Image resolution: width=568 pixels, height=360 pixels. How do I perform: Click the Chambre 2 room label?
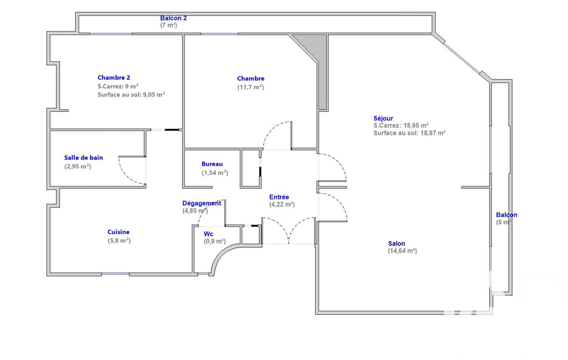click(x=114, y=78)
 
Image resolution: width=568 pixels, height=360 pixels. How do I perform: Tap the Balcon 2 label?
click(x=173, y=18)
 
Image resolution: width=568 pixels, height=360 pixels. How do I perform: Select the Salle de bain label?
click(x=84, y=157)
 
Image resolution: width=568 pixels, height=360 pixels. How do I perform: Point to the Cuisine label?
click(x=119, y=232)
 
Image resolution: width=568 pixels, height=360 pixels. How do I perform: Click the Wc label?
click(x=208, y=234)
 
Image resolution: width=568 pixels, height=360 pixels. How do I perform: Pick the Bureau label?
click(x=212, y=164)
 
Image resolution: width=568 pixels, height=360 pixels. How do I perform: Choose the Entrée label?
click(x=279, y=197)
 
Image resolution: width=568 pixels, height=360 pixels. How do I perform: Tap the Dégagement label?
click(x=202, y=204)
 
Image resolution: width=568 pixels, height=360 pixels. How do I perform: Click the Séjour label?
click(x=383, y=118)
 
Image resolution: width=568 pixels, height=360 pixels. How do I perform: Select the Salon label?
click(x=397, y=243)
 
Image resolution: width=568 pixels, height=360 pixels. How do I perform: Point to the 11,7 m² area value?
click(x=250, y=87)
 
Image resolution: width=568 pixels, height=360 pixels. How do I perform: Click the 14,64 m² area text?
click(x=402, y=251)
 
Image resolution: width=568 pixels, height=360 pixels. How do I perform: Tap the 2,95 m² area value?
click(x=78, y=166)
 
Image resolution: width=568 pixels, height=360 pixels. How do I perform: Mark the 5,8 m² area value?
click(x=119, y=240)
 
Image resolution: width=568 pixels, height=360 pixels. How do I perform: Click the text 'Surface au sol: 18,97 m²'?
click(x=410, y=133)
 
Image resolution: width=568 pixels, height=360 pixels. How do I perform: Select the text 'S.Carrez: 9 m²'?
click(x=118, y=86)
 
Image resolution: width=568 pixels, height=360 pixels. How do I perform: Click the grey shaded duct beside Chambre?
click(x=319, y=61)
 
